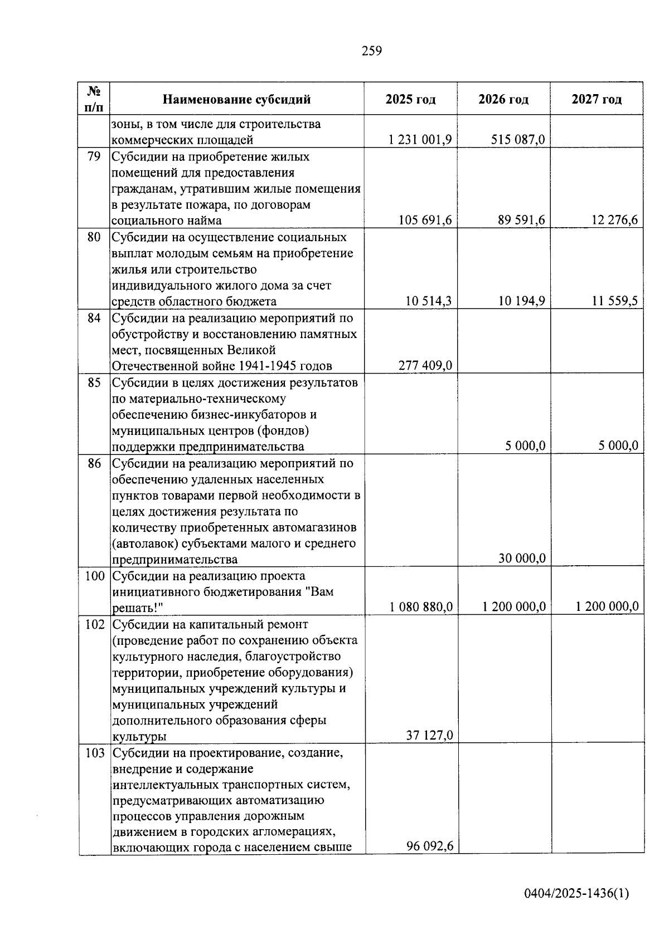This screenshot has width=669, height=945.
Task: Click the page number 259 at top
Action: tap(372, 51)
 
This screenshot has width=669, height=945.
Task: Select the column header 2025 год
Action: tap(410, 100)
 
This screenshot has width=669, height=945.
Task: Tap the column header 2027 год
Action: tap(597, 100)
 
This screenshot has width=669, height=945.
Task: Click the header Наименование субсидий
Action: tap(237, 100)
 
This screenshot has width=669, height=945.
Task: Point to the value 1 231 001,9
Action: tap(420, 140)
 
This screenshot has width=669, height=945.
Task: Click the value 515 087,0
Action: tap(518, 140)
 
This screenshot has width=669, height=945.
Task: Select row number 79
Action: tap(94, 156)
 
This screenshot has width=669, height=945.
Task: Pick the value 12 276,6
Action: tap(615, 221)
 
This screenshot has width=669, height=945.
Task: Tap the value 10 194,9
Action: tap(522, 301)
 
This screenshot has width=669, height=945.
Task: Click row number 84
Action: tap(94, 318)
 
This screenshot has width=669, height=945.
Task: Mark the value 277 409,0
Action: tap(425, 366)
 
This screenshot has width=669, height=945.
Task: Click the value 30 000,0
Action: tap(522, 559)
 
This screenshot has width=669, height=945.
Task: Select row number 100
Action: tap(94, 575)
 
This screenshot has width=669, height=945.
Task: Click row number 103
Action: tap(94, 753)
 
